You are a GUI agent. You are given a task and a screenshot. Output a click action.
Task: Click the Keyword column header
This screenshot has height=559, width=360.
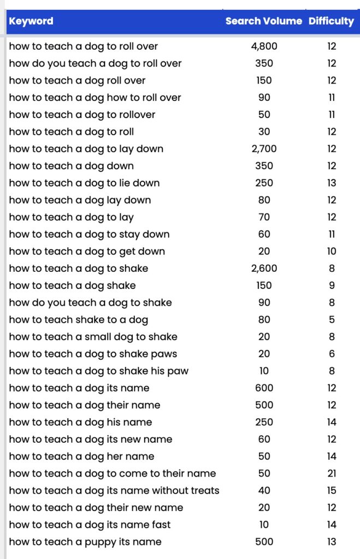tap(31, 21)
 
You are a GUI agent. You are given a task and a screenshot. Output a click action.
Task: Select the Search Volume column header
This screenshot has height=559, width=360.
tap(263, 21)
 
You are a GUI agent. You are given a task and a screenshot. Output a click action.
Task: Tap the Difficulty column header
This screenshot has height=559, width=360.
tap(331, 21)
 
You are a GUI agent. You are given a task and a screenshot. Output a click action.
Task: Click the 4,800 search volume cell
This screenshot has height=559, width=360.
tap(264, 46)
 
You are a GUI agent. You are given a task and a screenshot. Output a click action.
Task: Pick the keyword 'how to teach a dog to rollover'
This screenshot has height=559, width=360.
tap(82, 115)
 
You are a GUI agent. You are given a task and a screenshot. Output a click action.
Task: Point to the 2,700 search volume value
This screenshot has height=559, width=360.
tap(264, 148)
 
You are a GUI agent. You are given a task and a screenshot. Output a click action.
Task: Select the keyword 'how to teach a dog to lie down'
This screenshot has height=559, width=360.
tap(84, 183)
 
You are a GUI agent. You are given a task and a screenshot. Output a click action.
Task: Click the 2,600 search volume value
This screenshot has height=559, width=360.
tap(264, 268)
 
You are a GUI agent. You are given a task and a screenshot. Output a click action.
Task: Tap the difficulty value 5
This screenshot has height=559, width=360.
tap(332, 319)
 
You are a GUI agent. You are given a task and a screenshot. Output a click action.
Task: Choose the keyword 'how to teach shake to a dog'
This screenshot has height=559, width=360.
tap(78, 319)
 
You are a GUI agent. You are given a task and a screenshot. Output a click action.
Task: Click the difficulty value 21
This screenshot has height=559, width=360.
tap(332, 473)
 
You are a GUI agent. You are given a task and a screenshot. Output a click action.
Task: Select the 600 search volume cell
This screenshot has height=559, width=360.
tap(264, 388)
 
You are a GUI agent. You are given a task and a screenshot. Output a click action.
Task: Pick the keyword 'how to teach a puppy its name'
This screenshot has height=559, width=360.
tap(85, 542)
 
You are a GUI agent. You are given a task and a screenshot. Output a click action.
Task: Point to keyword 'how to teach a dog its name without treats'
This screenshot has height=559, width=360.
tap(114, 490)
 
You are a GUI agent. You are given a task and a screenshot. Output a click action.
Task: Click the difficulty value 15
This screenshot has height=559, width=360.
tap(332, 490)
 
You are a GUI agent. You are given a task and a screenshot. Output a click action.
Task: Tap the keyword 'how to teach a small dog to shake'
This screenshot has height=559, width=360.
tap(93, 337)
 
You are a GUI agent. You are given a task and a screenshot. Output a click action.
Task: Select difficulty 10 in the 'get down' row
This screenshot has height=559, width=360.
tap(332, 251)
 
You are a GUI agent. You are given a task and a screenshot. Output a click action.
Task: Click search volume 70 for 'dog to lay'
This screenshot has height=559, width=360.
tap(264, 217)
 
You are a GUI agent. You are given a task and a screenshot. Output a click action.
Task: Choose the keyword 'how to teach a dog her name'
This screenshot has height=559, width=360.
tap(81, 456)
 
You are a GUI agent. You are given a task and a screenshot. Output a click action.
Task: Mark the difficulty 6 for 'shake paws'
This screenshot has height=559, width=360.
tap(332, 354)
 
